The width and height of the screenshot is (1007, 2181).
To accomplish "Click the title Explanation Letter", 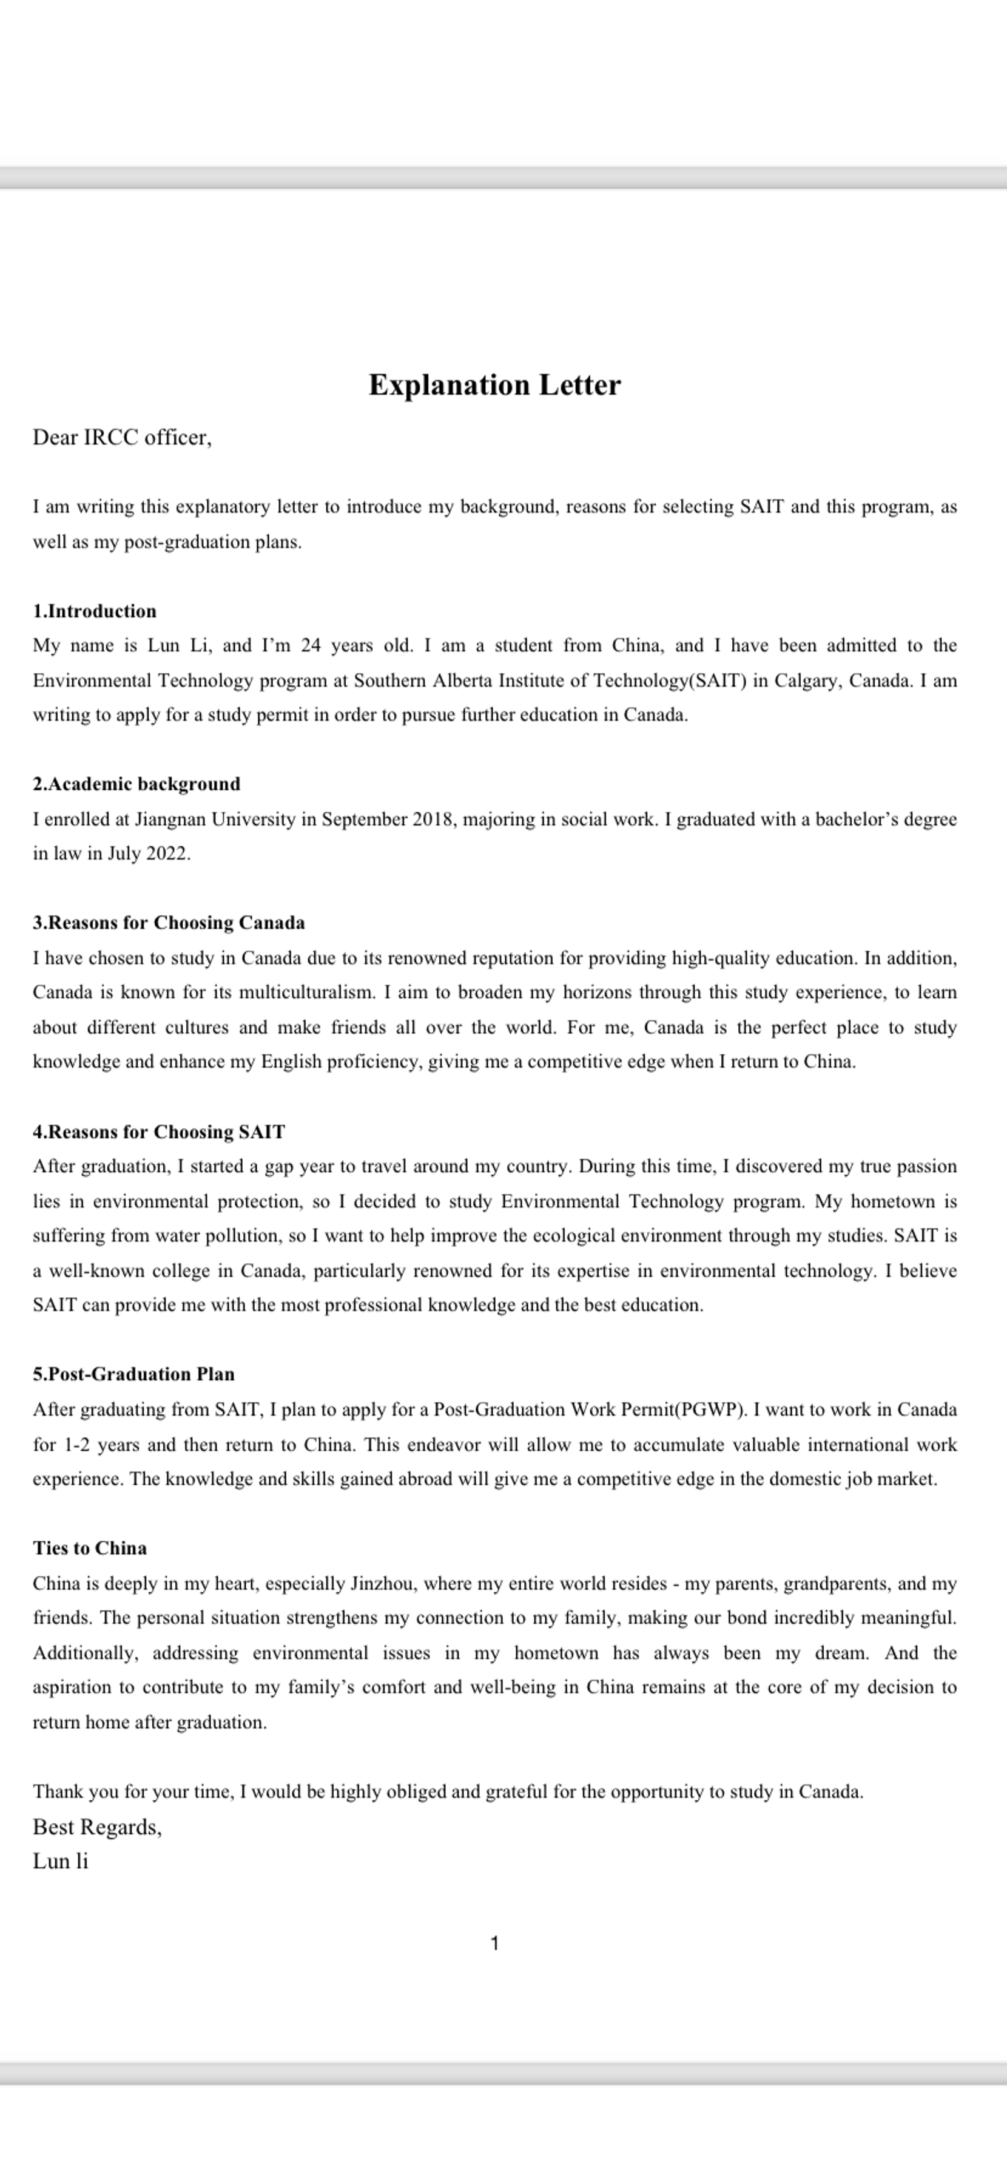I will click(494, 385).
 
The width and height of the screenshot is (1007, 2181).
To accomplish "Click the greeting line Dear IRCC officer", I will click(122, 438).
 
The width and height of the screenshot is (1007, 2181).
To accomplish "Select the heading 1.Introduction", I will click(95, 611).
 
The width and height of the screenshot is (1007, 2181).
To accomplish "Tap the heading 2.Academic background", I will click(136, 784).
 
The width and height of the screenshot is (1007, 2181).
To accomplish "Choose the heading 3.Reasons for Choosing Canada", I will click(169, 923).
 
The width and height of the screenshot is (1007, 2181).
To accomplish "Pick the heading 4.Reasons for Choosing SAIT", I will click(159, 1132).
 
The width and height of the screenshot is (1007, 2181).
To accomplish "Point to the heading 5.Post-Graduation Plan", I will click(133, 1374).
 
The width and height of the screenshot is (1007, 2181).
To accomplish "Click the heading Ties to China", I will click(90, 1548).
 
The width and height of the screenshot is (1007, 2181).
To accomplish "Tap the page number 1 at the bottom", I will click(495, 1944).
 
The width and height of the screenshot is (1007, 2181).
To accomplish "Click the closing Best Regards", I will click(96, 1827).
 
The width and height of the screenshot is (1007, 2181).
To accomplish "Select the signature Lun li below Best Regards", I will click(60, 1861).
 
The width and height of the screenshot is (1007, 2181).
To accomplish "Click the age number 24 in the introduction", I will click(311, 646).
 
